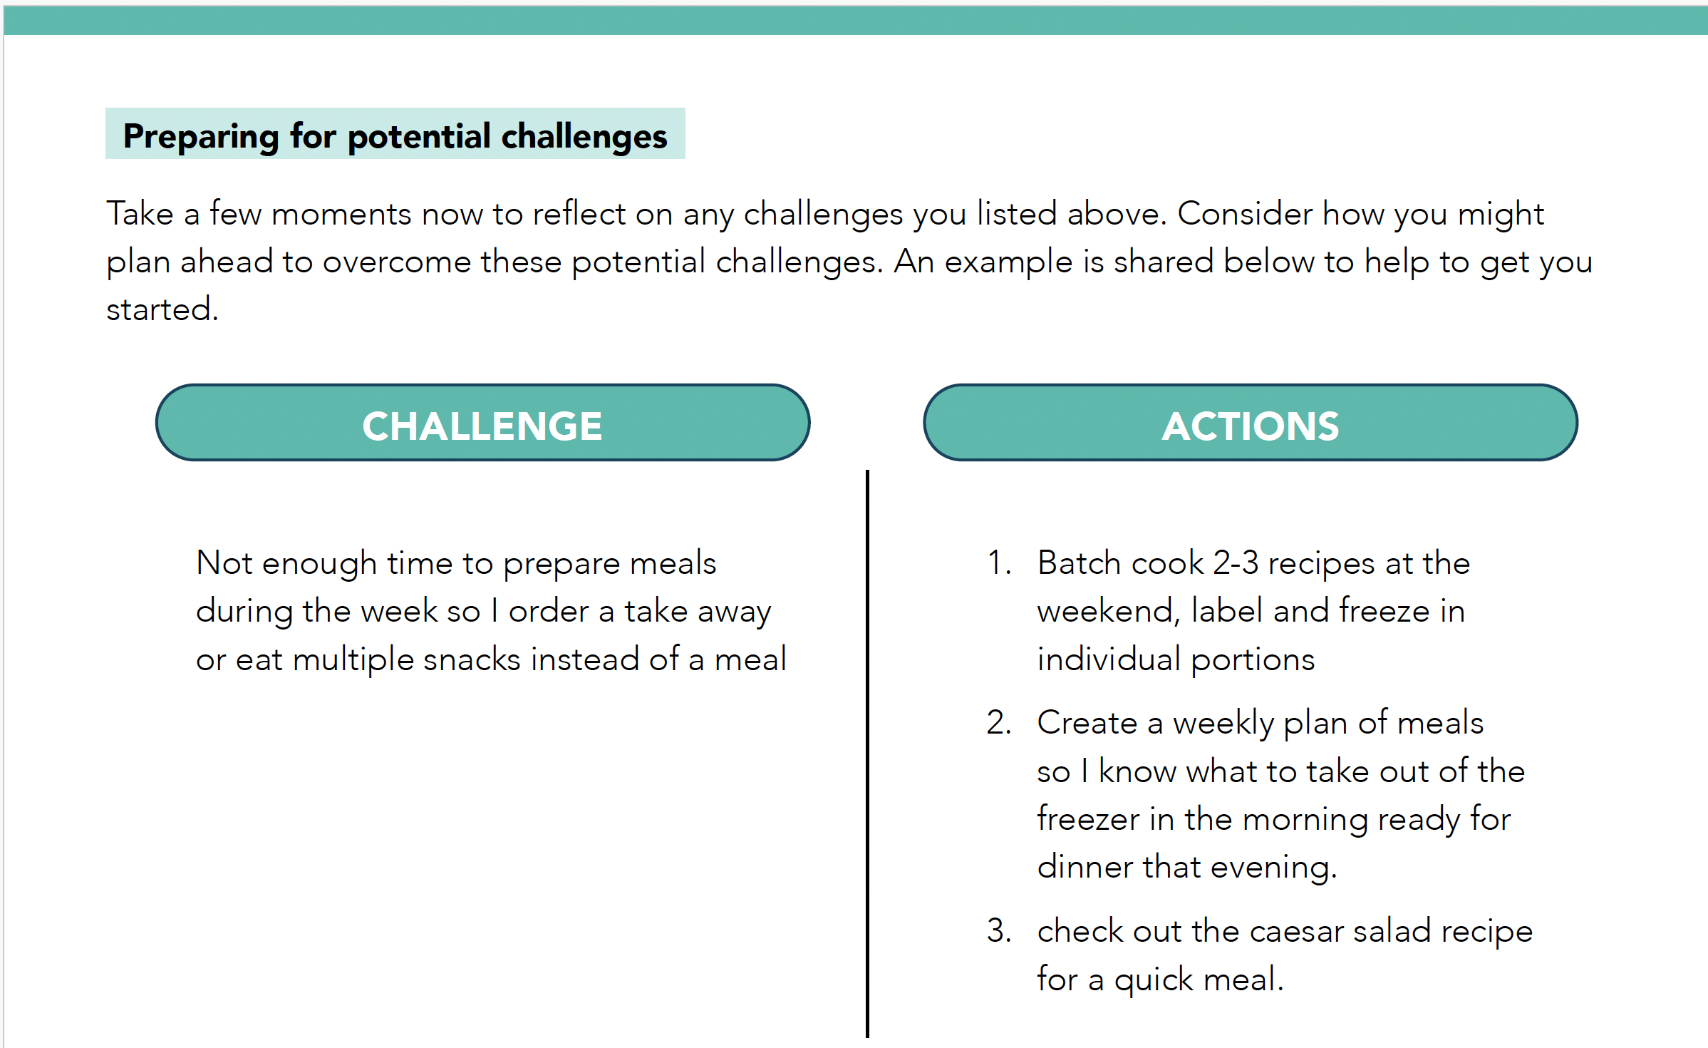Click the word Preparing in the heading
pyautogui.click(x=201, y=136)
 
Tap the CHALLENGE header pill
pyautogui.click(x=482, y=423)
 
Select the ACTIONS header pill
pyautogui.click(x=1250, y=423)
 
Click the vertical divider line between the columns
pyautogui.click(x=867, y=754)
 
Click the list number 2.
pyautogui.click(x=998, y=722)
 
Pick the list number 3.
pyautogui.click(x=998, y=930)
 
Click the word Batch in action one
pyautogui.click(x=1080, y=562)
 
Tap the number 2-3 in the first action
pyautogui.click(x=1236, y=562)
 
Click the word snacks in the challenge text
pyautogui.click(x=472, y=659)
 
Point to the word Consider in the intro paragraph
pyautogui.click(x=1245, y=213)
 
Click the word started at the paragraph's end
pyautogui.click(x=162, y=309)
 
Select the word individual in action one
pyautogui.click(x=1109, y=659)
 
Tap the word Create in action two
pyautogui.click(x=1087, y=722)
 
